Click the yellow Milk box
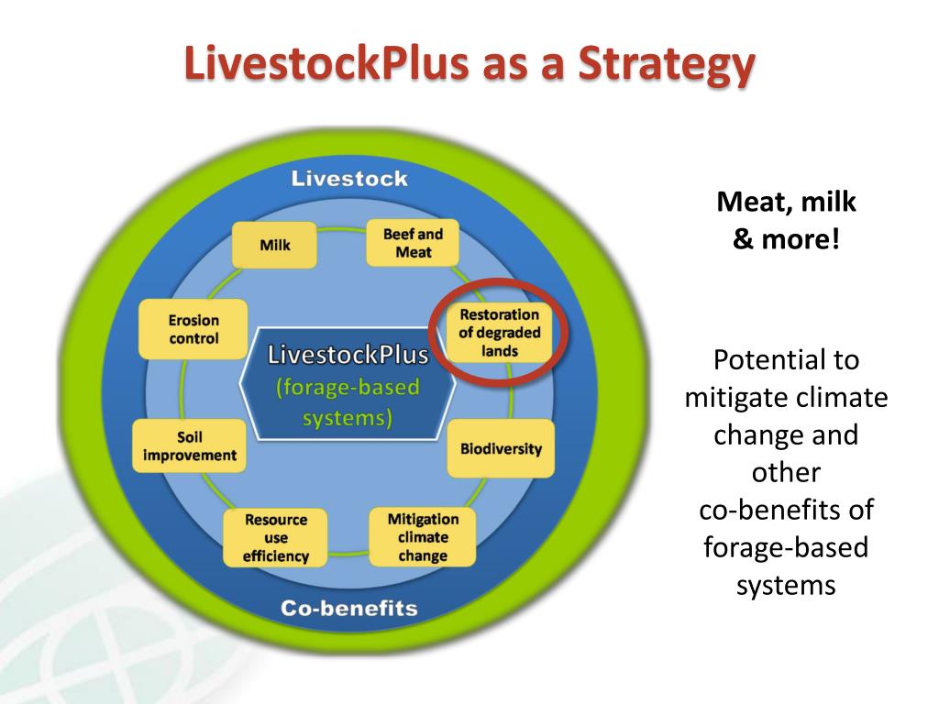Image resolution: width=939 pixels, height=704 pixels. coord(274,245)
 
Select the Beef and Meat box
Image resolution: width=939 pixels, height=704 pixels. coord(413,242)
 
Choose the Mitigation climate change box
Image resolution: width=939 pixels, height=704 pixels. coord(423,537)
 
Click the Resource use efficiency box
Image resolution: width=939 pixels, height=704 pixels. coord(276,537)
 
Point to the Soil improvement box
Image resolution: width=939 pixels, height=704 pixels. coord(190,446)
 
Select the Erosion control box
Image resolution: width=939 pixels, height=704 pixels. coord(193,329)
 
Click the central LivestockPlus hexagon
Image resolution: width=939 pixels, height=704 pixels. coord(348,385)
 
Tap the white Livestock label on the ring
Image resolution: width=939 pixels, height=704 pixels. coord(349,179)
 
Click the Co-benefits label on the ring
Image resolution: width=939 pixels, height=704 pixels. coord(348,608)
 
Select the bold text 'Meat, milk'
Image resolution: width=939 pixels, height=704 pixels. coord(786,203)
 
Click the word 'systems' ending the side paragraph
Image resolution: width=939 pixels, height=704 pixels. coord(786,585)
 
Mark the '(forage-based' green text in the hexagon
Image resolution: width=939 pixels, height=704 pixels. coord(348,388)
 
